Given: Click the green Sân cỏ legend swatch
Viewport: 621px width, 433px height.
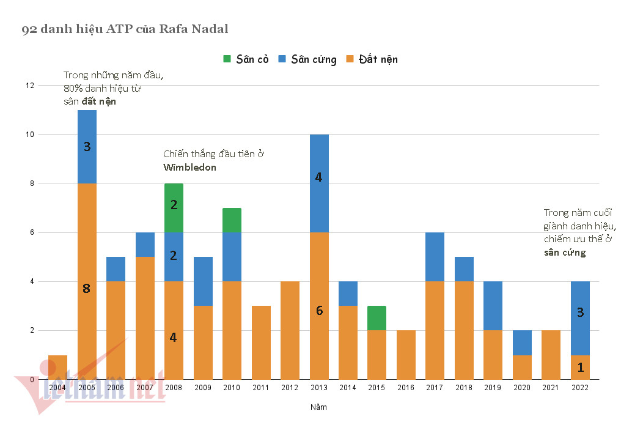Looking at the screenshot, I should pos(227,59).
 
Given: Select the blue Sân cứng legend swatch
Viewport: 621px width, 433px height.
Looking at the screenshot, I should pos(282,59).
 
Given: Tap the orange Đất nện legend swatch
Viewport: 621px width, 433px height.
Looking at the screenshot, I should pos(349,59).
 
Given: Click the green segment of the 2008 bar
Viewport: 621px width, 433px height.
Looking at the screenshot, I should pos(174,207).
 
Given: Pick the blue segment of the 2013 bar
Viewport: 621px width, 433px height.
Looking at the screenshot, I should pos(318,183).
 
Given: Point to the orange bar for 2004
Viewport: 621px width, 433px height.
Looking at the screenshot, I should pos(57,367).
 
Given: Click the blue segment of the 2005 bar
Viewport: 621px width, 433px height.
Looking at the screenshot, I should pos(87,146).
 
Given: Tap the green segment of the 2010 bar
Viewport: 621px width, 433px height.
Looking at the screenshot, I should pos(232,220).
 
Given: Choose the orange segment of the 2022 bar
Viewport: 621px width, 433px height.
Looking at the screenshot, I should pos(580,367).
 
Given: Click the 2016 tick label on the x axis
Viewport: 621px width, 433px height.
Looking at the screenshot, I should pos(406,387).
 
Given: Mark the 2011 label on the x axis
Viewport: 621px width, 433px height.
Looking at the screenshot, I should pos(260,387).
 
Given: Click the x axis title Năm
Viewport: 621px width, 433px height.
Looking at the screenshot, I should pos(318,407).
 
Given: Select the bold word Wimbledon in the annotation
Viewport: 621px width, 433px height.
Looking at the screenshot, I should pos(189,167).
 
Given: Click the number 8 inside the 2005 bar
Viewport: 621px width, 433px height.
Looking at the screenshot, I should pos(86,289).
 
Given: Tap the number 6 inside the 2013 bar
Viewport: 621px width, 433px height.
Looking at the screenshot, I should pos(319,310).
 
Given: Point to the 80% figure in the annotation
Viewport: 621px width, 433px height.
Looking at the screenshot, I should pos(74,89).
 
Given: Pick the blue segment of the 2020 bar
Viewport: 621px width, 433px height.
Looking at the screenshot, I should pos(522,342).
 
